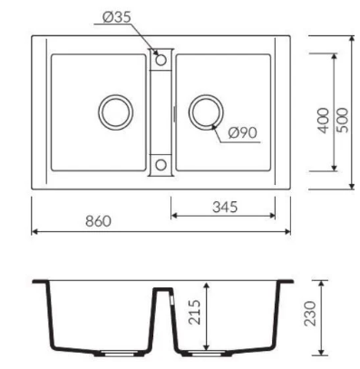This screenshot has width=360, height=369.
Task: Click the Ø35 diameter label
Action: coord(116,17)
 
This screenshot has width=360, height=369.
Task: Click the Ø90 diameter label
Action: coord(242,132)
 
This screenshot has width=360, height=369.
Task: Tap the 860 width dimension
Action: coord(98,221)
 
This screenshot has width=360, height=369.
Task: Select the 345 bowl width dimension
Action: coord(225,207)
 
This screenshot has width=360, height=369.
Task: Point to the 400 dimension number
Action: coord(323,121)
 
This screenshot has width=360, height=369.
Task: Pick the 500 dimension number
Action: coord(342,121)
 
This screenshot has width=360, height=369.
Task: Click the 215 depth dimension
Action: coord(194,312)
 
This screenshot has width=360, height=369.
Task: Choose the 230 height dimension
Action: coord(309,314)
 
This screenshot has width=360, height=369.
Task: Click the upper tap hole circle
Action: coord(161,60)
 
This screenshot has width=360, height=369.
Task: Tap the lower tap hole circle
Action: coord(161,165)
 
